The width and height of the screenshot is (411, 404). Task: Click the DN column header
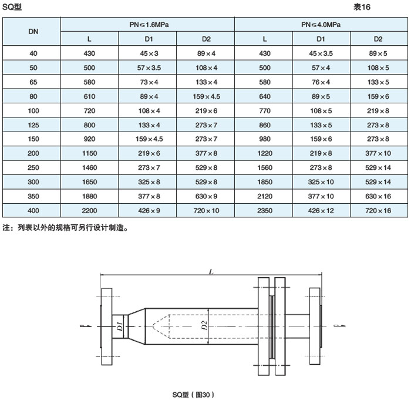pos(33,32)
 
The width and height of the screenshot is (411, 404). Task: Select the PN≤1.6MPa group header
pos(149,25)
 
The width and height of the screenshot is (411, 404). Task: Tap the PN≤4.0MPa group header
pos(321,25)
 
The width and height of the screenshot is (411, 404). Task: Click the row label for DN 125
pos(33,125)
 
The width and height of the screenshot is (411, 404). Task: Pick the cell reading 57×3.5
pos(149,68)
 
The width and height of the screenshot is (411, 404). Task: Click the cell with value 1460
pos(89,167)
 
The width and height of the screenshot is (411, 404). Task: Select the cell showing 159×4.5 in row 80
pos(206,96)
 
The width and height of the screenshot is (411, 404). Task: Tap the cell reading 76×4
pos(321,82)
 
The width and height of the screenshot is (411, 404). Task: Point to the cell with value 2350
pos(265,211)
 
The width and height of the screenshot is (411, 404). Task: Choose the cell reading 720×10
pos(206,211)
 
